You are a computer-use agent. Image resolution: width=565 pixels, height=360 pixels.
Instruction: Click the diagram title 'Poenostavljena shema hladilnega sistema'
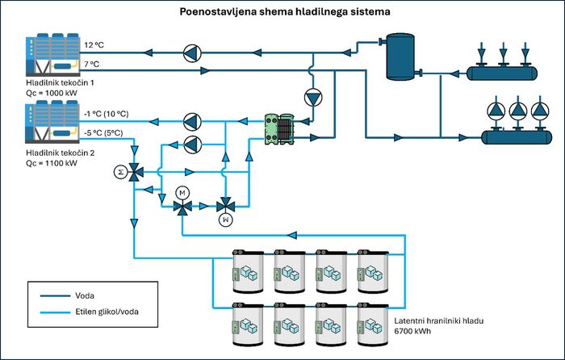285,11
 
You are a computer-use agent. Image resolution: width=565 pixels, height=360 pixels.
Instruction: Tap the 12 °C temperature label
94,45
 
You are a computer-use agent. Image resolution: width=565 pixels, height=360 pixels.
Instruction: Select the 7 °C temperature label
91,64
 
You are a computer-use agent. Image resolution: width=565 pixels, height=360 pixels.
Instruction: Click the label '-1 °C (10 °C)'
107,114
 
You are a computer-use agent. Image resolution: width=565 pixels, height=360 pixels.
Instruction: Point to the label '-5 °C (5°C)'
103,133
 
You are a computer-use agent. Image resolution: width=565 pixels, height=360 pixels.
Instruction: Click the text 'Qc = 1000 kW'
52,93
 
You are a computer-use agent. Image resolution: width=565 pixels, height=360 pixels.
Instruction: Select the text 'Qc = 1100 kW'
52,163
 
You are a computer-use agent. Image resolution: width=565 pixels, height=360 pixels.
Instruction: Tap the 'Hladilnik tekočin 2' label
61,153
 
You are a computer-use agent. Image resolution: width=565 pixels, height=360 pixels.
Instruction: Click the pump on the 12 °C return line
192,53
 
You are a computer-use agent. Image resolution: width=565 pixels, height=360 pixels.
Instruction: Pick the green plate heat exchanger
279,129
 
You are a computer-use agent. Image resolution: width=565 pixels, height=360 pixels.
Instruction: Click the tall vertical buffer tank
400,57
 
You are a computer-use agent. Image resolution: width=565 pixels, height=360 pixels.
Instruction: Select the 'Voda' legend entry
85,296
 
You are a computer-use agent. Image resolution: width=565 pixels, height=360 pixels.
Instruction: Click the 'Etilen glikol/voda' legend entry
107,312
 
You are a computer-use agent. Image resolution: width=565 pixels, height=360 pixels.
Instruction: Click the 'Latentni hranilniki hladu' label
438,320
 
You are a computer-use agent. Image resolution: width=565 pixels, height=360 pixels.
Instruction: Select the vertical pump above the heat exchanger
313,98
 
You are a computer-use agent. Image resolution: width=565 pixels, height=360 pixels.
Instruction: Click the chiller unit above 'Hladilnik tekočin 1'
52,55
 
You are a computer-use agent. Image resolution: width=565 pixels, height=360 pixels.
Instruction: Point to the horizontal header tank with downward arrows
502,73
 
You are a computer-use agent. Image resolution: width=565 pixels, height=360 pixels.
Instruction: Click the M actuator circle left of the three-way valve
121,172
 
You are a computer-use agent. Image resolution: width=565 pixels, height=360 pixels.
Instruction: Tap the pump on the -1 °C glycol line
192,122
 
